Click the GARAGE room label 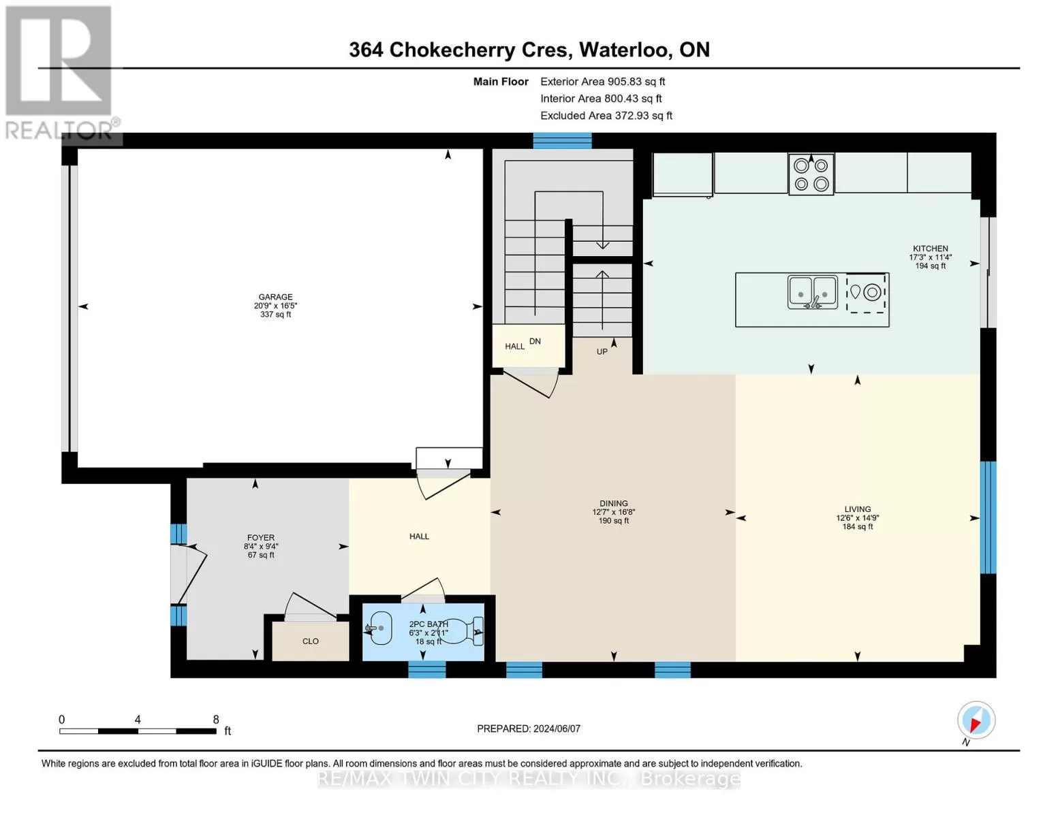pos(275,297)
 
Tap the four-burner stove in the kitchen pos(811,175)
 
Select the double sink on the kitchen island pos(813,293)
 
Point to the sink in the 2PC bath pos(379,628)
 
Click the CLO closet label pos(310,641)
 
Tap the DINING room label pos(613,503)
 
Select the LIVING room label pos(858,509)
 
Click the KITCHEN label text pos(931,249)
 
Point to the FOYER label pos(260,538)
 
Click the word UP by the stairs pos(602,351)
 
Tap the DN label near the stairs pos(535,341)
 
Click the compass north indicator pos(976,722)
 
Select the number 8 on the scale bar pos(216,719)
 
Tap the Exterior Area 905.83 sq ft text pos(602,82)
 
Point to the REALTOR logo pos(61,73)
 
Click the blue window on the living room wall pos(988,517)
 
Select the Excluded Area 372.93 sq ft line pos(606,116)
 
